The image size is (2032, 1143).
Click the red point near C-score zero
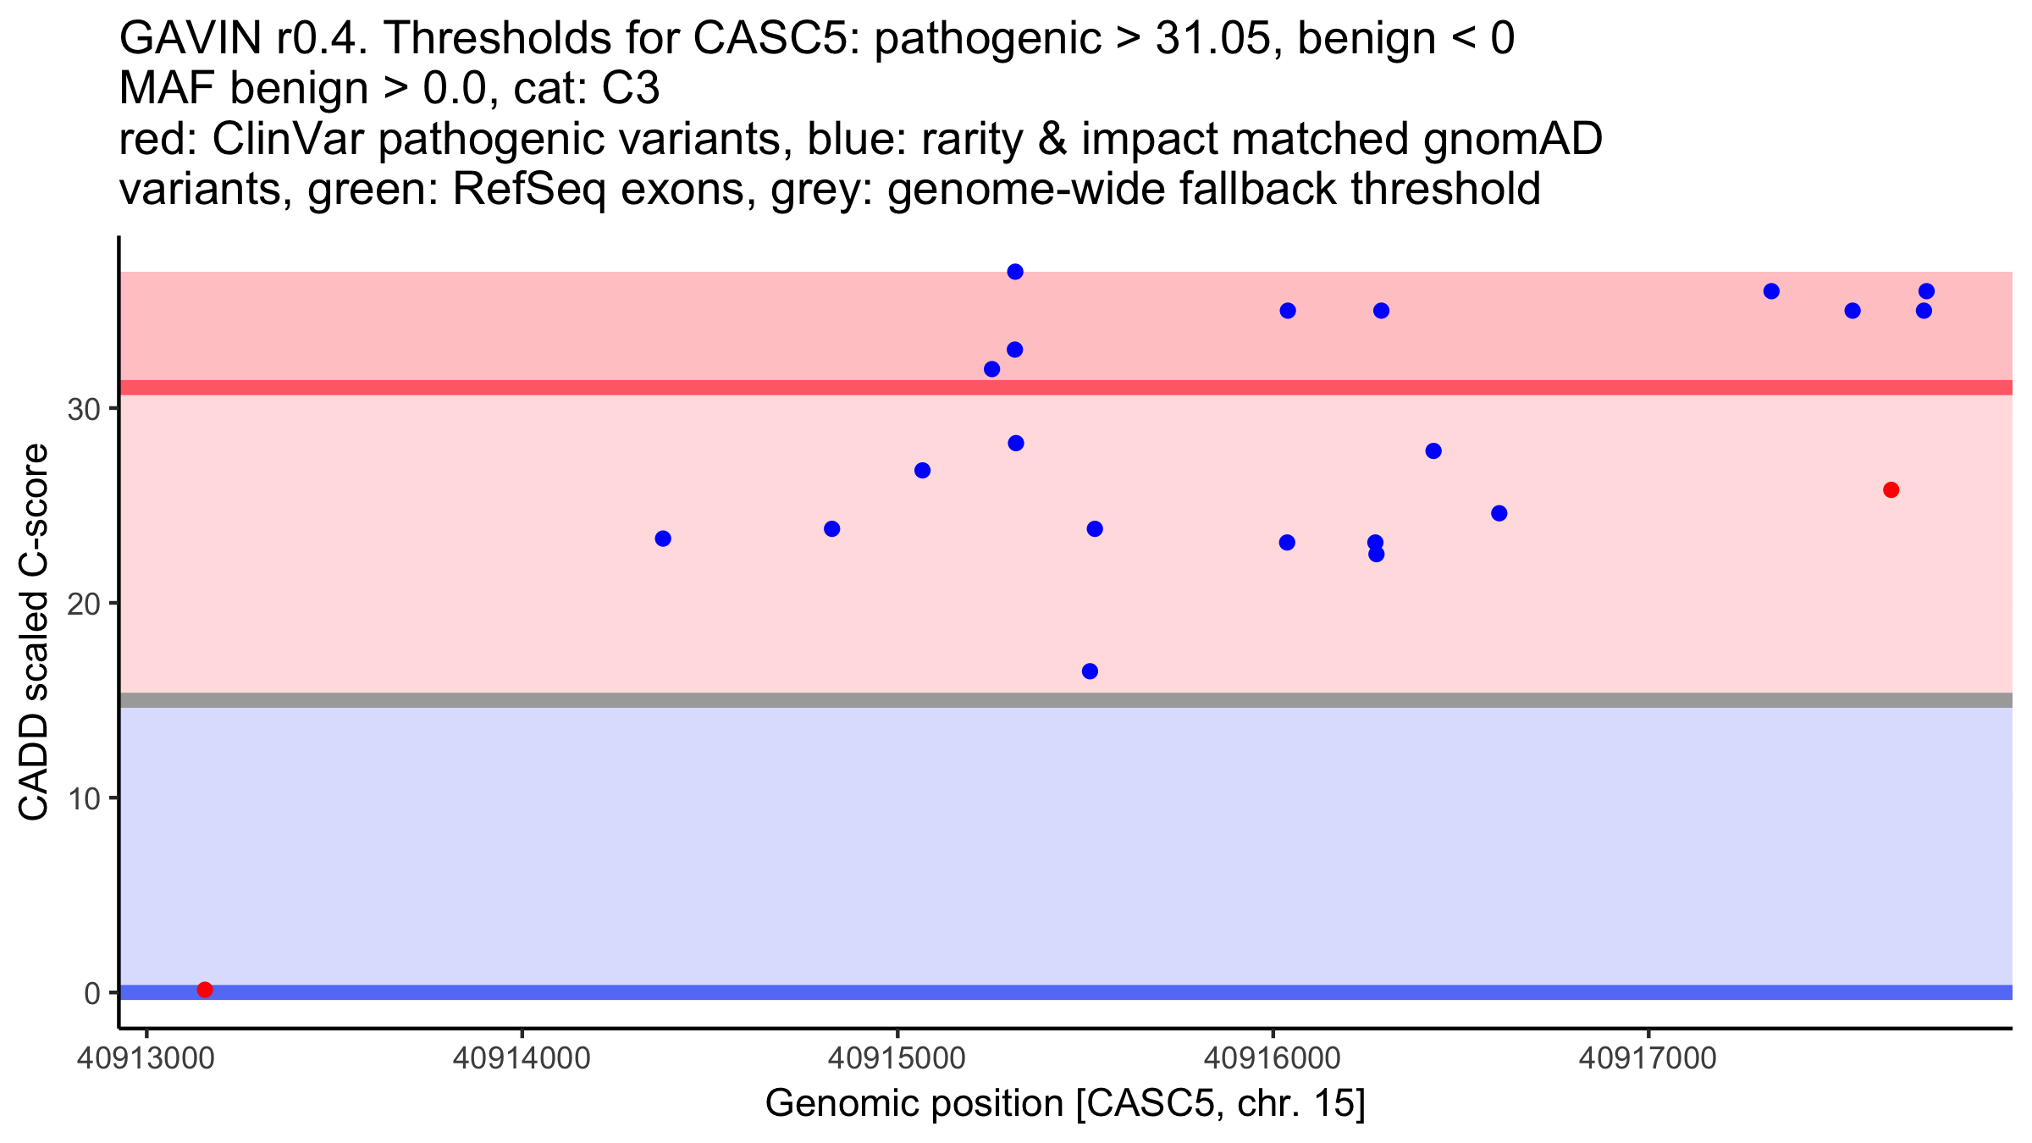point(205,990)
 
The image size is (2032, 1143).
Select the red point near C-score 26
point(1891,490)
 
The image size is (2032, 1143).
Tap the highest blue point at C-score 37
point(1015,272)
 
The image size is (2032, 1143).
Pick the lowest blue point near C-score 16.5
point(1091,671)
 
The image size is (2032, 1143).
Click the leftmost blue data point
point(663,538)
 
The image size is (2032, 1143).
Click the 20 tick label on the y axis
point(83,604)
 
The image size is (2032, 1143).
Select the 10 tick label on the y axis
point(83,798)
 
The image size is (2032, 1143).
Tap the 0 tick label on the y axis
point(92,993)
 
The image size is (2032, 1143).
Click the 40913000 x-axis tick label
point(146,1058)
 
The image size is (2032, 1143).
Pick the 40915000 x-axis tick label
point(897,1058)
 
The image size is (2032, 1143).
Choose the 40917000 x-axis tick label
point(1648,1058)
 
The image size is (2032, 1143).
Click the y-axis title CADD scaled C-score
point(34,632)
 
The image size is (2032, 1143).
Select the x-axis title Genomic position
point(1065,1104)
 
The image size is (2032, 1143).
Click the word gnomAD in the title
point(1513,139)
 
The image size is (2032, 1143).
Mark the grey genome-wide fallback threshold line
point(1066,700)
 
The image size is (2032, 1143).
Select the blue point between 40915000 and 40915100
point(923,471)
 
